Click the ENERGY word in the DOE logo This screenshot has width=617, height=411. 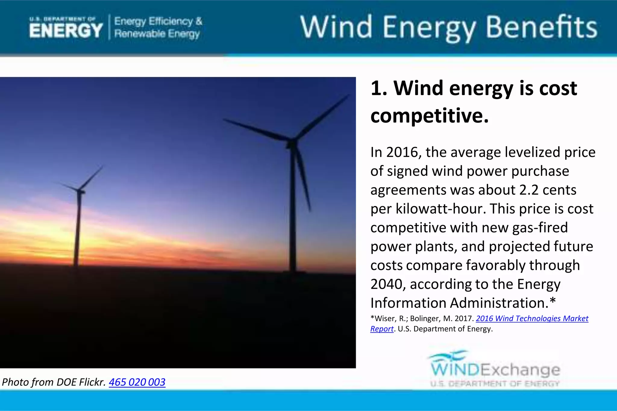click(66, 31)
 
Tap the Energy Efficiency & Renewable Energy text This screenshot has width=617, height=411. click(158, 27)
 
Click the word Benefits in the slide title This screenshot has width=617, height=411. click(541, 28)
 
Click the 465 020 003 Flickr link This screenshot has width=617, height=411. click(137, 382)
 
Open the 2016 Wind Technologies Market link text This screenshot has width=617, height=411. click(532, 319)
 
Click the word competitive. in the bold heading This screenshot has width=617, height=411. click(429, 116)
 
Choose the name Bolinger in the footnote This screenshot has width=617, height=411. click(425, 319)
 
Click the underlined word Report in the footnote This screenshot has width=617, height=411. click(382, 329)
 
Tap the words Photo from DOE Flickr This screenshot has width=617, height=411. click(54, 382)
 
